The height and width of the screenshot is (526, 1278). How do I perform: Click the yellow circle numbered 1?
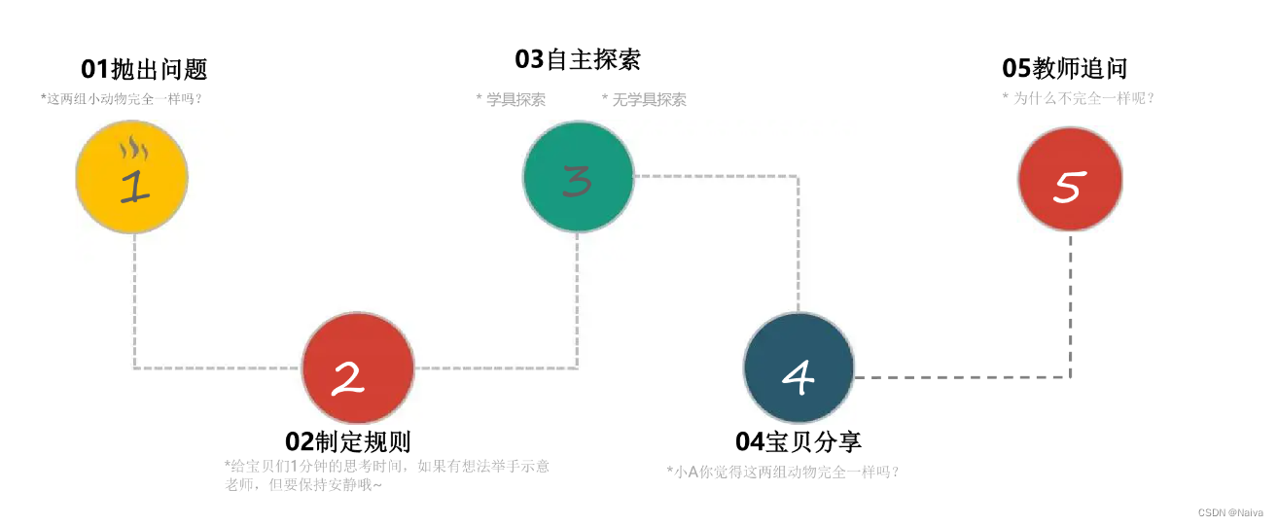pyautogui.click(x=131, y=178)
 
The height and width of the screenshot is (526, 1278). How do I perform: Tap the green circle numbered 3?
pyautogui.click(x=579, y=177)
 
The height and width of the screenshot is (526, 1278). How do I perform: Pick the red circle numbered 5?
pyautogui.click(x=1070, y=180)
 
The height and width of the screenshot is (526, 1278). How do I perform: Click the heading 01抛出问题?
pyautogui.click(x=144, y=69)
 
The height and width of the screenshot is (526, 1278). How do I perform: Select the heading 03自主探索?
pyautogui.click(x=578, y=59)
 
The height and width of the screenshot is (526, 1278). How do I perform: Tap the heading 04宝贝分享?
pyautogui.click(x=799, y=441)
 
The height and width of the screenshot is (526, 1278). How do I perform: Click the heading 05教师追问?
pyautogui.click(x=1065, y=68)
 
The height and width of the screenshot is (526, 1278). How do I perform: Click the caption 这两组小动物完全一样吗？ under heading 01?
pyautogui.click(x=126, y=98)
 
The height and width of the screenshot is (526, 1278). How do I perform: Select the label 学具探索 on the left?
pyautogui.click(x=511, y=99)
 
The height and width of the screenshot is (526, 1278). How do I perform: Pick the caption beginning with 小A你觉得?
pyautogui.click(x=783, y=472)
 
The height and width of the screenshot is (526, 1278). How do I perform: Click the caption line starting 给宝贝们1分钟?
pyautogui.click(x=387, y=466)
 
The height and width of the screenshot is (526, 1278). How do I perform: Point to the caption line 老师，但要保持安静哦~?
pyautogui.click(x=303, y=484)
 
